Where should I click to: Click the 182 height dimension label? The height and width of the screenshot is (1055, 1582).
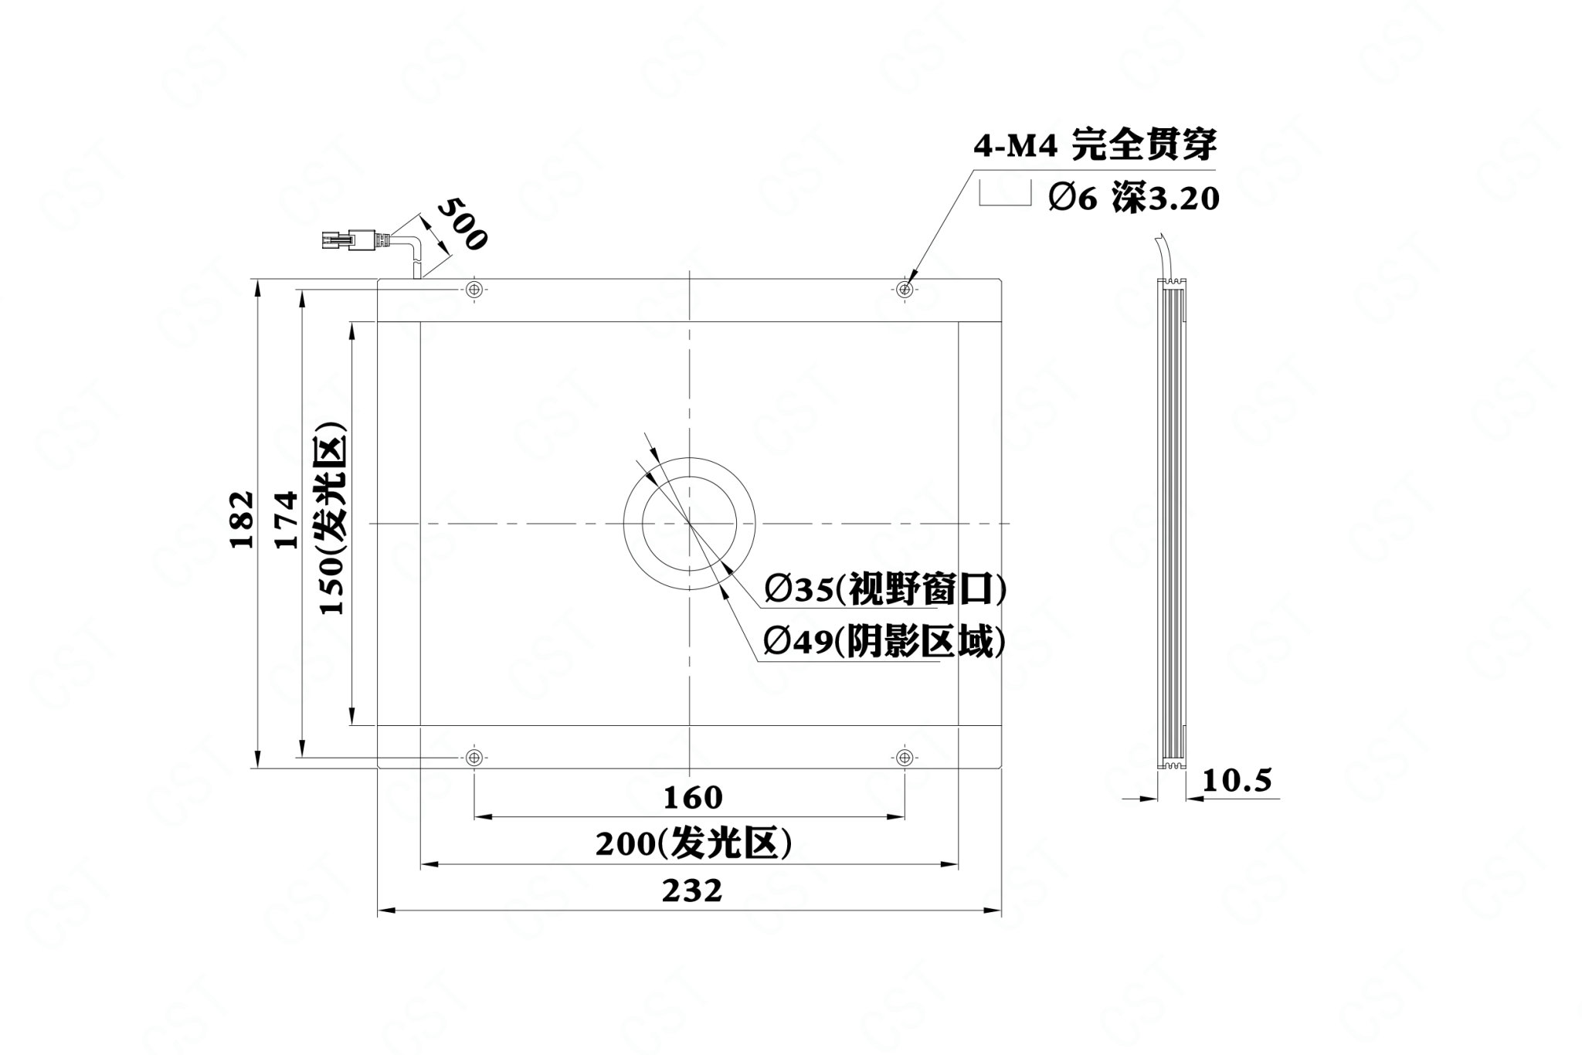tap(242, 518)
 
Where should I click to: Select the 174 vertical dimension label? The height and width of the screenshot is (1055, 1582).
tap(286, 518)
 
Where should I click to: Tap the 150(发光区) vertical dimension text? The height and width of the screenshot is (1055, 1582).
tap(333, 518)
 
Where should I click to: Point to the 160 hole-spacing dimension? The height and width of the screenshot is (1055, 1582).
tap(693, 797)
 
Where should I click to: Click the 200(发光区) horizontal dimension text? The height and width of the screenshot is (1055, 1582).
tap(694, 843)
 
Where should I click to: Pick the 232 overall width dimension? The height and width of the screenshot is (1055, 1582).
tap(692, 890)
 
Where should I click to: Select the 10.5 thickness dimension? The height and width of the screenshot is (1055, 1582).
tap(1236, 781)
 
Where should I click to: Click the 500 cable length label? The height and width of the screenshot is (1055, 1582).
tap(462, 224)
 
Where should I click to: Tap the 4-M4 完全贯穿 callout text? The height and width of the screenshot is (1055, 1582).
tap(1095, 145)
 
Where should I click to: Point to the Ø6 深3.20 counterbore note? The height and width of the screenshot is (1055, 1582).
tap(1133, 199)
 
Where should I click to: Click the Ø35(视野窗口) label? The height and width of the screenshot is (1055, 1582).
tap(885, 591)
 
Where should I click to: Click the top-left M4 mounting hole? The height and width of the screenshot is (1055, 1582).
tap(474, 290)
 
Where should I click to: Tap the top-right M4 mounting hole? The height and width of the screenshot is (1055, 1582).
tap(905, 290)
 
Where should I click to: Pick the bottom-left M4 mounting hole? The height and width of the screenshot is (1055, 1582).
tap(474, 757)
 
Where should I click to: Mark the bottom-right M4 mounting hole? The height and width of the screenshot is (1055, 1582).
tap(905, 757)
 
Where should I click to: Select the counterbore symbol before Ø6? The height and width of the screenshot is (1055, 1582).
tap(1005, 193)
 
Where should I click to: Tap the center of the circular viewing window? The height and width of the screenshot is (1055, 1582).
tap(689, 523)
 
